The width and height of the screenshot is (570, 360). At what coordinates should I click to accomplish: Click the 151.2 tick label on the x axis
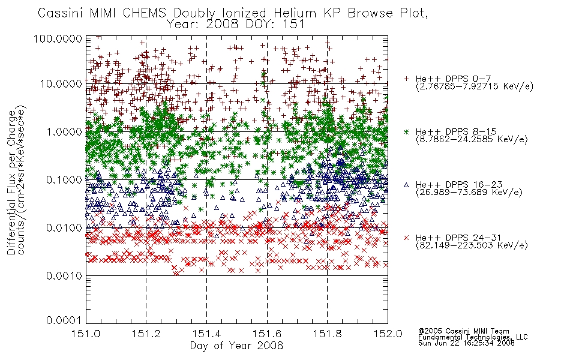pos(146,334)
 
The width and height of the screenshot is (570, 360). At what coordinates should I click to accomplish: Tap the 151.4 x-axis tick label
pos(207,334)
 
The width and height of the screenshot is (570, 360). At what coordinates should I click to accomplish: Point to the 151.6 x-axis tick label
pos(267,334)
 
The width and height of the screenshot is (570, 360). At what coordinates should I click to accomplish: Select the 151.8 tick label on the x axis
pos(328,334)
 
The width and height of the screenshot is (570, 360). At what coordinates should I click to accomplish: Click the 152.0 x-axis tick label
pos(388,334)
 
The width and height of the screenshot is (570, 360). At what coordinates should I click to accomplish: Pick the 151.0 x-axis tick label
pos(86,334)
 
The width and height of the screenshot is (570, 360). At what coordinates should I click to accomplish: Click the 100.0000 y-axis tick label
pos(58,38)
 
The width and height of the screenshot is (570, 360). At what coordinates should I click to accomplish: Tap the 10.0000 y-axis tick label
pos(61,84)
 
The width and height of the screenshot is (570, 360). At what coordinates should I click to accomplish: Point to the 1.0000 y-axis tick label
pos(64,131)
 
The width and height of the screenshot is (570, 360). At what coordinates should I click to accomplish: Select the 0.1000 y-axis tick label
pos(64,179)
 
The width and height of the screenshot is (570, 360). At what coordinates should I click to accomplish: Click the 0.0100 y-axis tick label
pos(64,228)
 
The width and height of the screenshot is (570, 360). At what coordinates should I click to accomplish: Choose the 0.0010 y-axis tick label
pos(64,276)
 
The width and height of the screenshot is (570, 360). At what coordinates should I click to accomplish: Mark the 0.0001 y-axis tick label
pos(64,320)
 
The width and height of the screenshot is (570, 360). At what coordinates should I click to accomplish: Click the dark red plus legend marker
pos(406,79)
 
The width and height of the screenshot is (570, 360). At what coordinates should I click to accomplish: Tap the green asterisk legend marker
pos(406,131)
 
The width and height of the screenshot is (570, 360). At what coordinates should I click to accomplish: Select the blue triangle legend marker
pos(406,185)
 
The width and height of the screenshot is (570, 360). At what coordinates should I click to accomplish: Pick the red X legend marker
pos(406,238)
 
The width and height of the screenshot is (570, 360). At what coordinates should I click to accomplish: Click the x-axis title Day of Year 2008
pos(236,346)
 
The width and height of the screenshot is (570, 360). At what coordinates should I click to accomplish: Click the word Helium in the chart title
pos(295,13)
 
